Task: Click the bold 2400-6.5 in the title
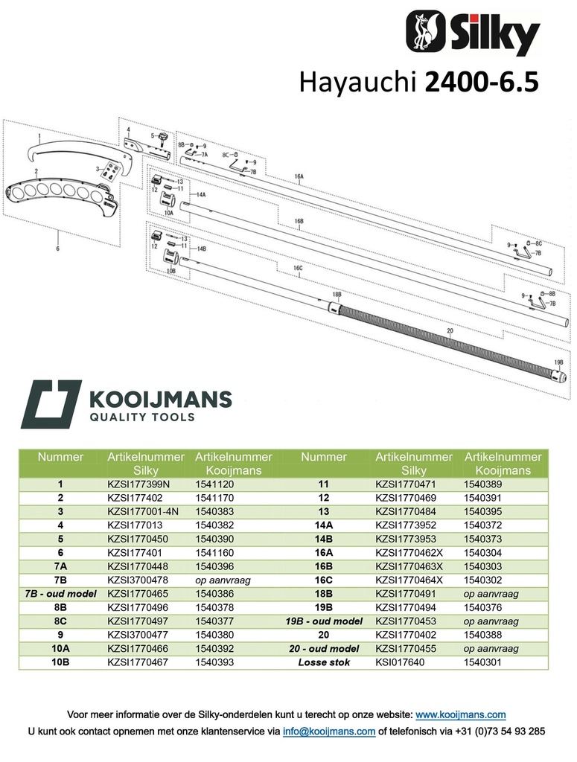[x=482, y=82]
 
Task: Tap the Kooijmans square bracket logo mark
[x=51, y=404]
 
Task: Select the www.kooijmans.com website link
[x=460, y=715]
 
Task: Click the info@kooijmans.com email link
[x=329, y=731]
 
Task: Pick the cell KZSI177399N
[x=139, y=484]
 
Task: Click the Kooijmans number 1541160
[x=214, y=553]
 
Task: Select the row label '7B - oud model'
[x=61, y=593]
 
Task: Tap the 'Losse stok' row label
[x=324, y=662]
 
